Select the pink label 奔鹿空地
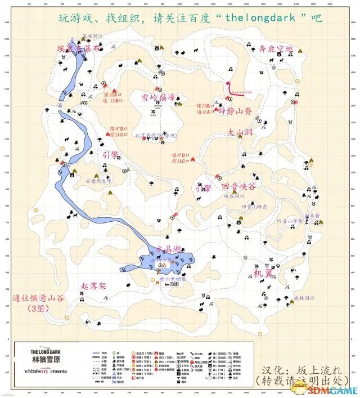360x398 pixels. [x=276, y=50]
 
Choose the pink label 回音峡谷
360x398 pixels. [x=238, y=186]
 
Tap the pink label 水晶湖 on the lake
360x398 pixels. [x=168, y=248]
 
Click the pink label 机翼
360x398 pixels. [x=262, y=274]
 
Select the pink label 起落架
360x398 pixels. [x=94, y=286]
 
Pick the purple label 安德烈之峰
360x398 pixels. [x=98, y=181]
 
